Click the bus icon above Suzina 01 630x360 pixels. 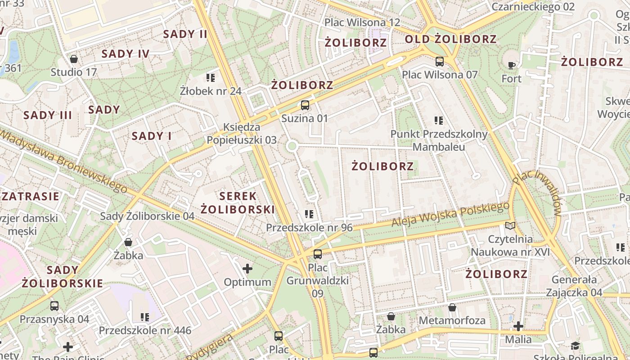tap(305, 105)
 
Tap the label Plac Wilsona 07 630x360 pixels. tap(440, 75)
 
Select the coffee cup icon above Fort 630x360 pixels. tap(512, 66)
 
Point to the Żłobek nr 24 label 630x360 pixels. tap(211, 91)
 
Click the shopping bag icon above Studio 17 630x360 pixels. tap(74, 59)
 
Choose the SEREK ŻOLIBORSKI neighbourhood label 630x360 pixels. tap(238, 202)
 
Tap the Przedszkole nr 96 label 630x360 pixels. tap(309, 228)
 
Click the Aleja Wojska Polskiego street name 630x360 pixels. tap(450, 215)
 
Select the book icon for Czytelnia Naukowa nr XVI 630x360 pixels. tap(510, 226)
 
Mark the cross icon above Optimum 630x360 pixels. tap(247, 269)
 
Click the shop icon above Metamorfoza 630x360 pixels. tap(452, 307)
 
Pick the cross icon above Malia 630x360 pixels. tap(518, 326)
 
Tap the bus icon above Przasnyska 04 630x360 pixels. tap(54, 306)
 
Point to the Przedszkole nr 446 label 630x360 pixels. tap(145, 330)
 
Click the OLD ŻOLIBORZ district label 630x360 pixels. tap(450, 39)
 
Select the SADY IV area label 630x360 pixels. tap(126, 54)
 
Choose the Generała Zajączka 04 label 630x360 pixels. tap(574, 286)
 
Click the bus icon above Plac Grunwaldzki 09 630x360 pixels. tap(318, 254)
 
